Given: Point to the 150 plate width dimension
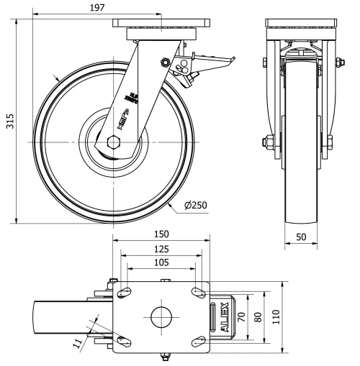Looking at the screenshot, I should tap(161, 235).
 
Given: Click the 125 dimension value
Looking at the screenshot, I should tap(161, 249).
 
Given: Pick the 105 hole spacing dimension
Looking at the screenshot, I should tap(161, 262).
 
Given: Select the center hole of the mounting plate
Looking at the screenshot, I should tap(161, 316).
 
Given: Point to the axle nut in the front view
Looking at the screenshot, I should tap(270, 141).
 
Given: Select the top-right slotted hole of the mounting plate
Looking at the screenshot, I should tap(197, 292).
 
